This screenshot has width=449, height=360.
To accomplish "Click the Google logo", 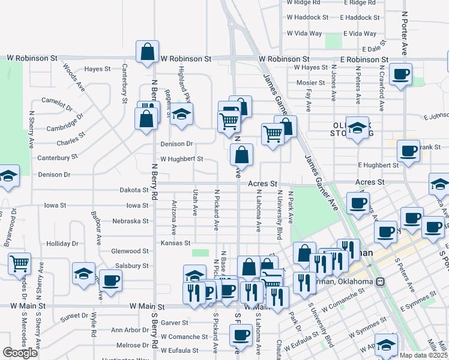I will (20, 353).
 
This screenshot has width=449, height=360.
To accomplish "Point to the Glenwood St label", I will (130, 251).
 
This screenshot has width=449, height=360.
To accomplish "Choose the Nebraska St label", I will (130, 221).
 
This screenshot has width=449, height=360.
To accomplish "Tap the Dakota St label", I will (134, 190).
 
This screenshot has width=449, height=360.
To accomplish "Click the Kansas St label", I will (175, 243).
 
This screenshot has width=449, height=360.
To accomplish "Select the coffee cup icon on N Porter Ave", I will (400, 74).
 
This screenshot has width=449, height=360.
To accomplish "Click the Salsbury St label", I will (132, 266).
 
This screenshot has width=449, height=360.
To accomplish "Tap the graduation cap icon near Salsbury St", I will (83, 274).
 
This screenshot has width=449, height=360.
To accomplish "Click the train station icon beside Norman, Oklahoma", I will (380, 282).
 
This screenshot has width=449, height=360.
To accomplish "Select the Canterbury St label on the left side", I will (58, 157).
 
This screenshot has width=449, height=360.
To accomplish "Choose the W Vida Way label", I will (304, 34).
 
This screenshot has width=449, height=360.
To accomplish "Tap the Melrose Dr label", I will (133, 345).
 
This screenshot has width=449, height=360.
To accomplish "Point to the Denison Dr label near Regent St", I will (176, 144).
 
